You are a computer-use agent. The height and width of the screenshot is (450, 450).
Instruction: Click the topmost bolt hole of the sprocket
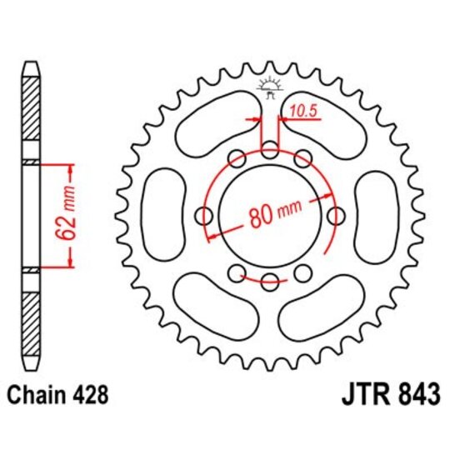[x=269, y=150]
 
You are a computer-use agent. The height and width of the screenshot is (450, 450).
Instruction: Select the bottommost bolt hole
[x=269, y=283]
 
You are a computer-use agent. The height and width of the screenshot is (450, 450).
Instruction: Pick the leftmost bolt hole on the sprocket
[x=202, y=217]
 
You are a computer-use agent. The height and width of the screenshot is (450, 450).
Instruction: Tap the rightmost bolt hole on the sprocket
[x=336, y=217]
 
